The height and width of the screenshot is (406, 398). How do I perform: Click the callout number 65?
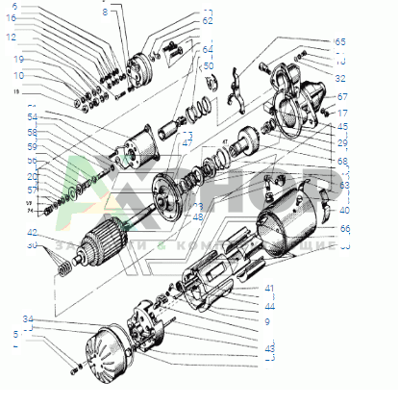(339, 42)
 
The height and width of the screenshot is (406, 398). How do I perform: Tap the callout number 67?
(342, 97)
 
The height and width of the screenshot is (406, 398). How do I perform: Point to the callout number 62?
(208, 20)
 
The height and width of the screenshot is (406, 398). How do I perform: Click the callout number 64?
(208, 49)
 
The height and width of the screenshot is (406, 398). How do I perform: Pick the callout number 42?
(32, 233)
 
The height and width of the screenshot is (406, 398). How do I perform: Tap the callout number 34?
(29, 318)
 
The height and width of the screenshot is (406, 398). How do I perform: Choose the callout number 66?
(344, 228)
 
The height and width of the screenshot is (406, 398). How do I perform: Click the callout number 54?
(33, 116)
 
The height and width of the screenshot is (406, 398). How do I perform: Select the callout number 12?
(11, 38)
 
